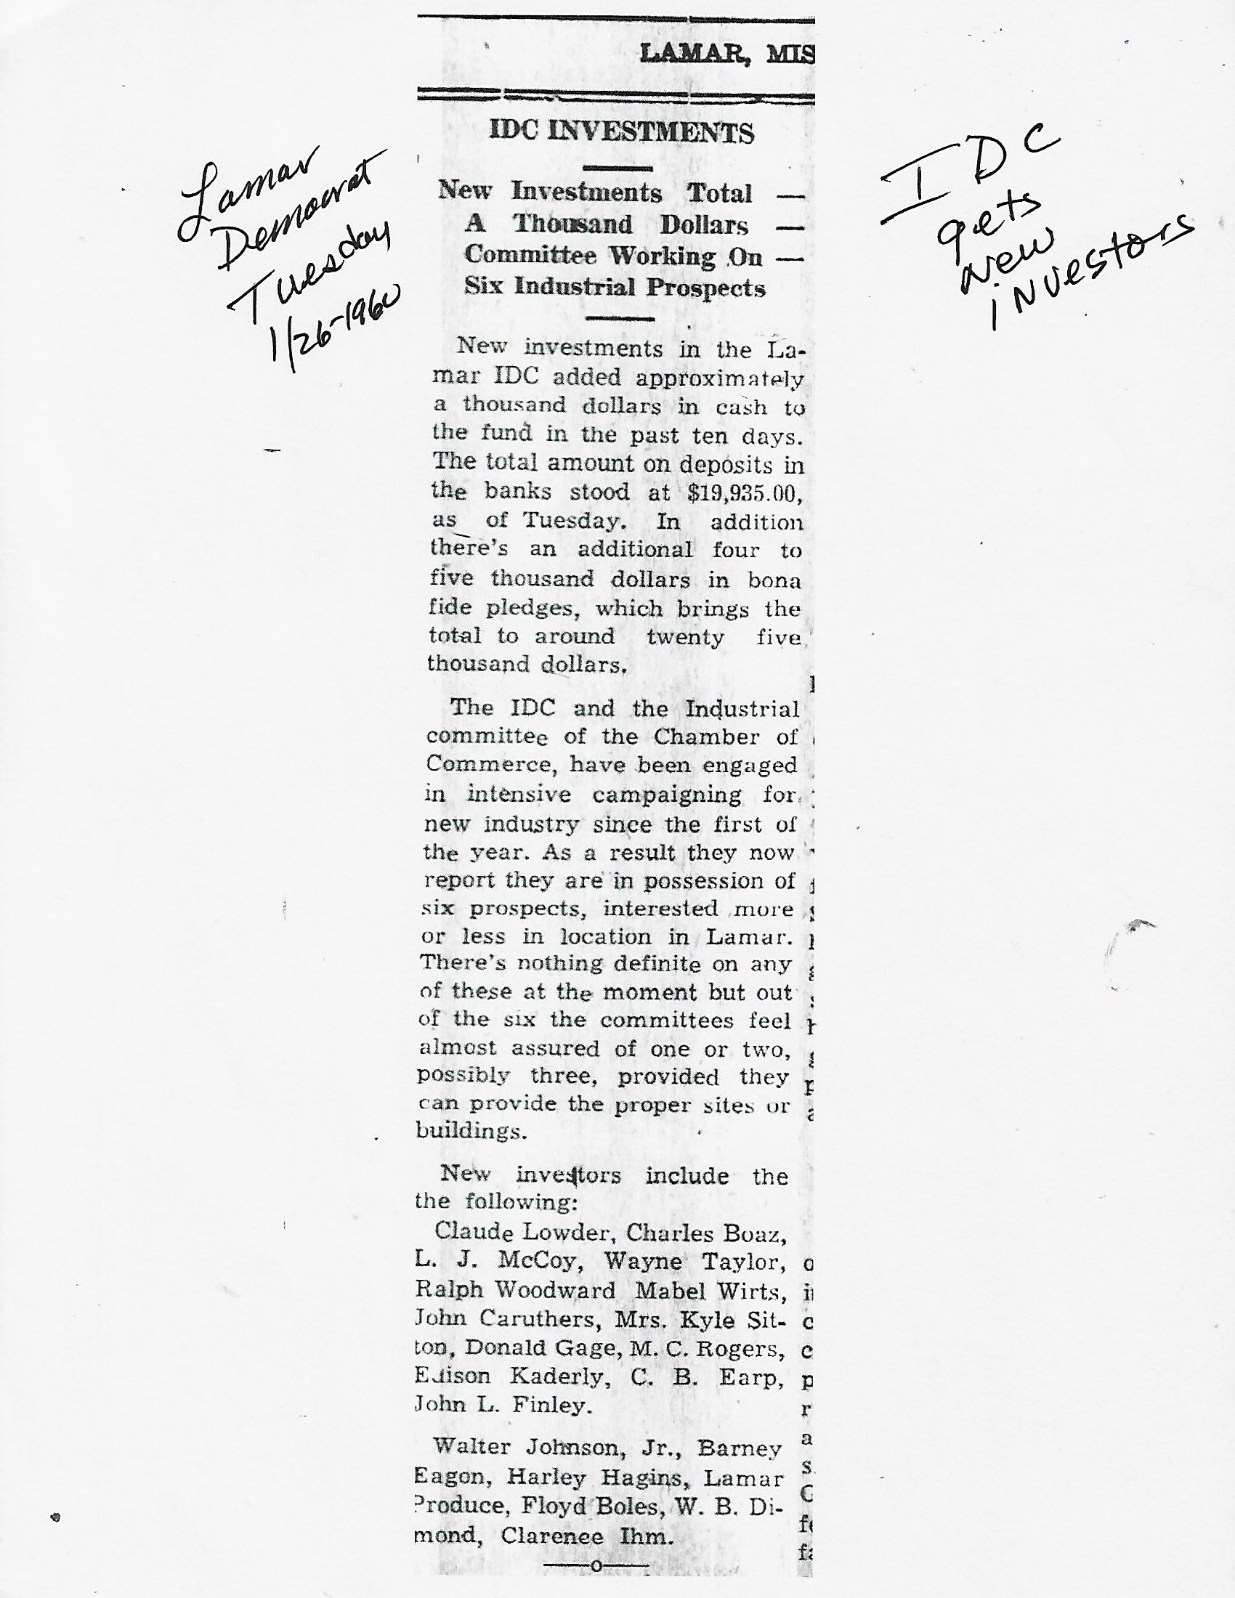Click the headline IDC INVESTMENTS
(621, 132)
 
